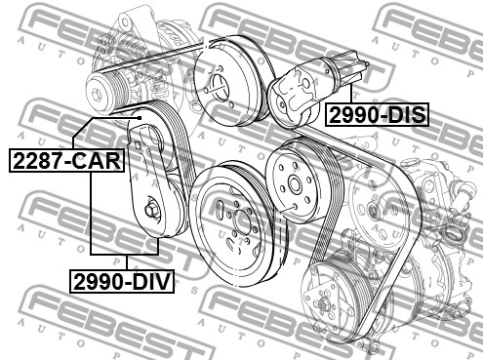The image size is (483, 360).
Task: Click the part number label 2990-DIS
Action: coord(377,115)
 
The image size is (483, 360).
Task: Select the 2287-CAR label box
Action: coord(67,160)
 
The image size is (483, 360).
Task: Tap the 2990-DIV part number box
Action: coord(122,282)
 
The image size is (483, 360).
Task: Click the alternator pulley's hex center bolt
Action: coord(97,95)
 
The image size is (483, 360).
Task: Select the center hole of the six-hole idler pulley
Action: coord(295,184)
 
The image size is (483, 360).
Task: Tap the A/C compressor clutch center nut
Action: coord(323,304)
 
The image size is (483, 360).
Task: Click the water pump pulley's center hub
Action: coord(218,84)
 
